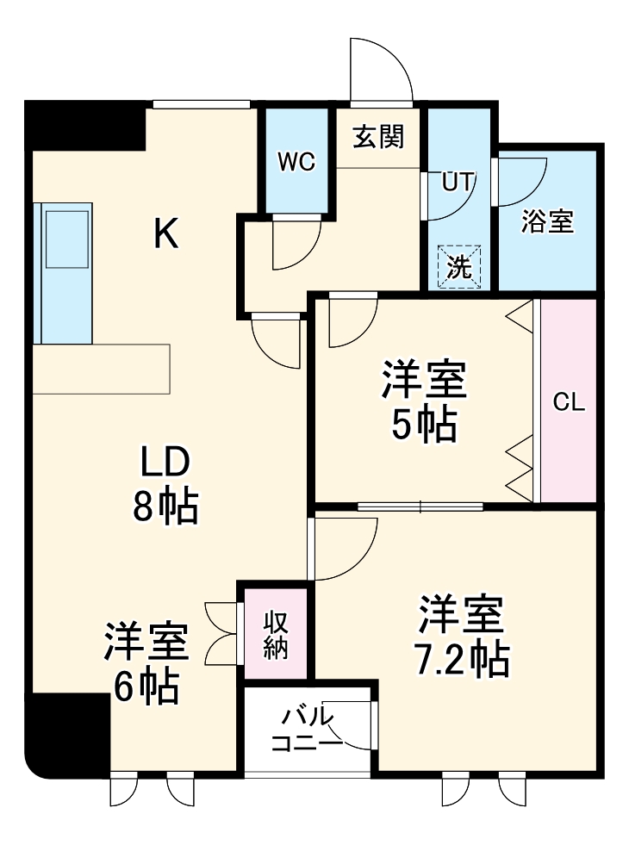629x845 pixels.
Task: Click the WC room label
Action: [x=296, y=162]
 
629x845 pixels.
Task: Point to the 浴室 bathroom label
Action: [x=547, y=221]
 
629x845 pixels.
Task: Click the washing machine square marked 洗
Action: [x=458, y=266]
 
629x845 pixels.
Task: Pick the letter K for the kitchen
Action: [x=165, y=233]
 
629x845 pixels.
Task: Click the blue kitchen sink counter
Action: [x=62, y=273]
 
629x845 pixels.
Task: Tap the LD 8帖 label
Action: [x=165, y=486]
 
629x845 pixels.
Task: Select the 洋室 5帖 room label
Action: [x=425, y=401]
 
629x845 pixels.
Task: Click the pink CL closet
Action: [x=569, y=401]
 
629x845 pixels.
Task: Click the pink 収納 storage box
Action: [x=275, y=634]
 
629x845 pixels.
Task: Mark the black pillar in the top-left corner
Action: [x=84, y=126]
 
